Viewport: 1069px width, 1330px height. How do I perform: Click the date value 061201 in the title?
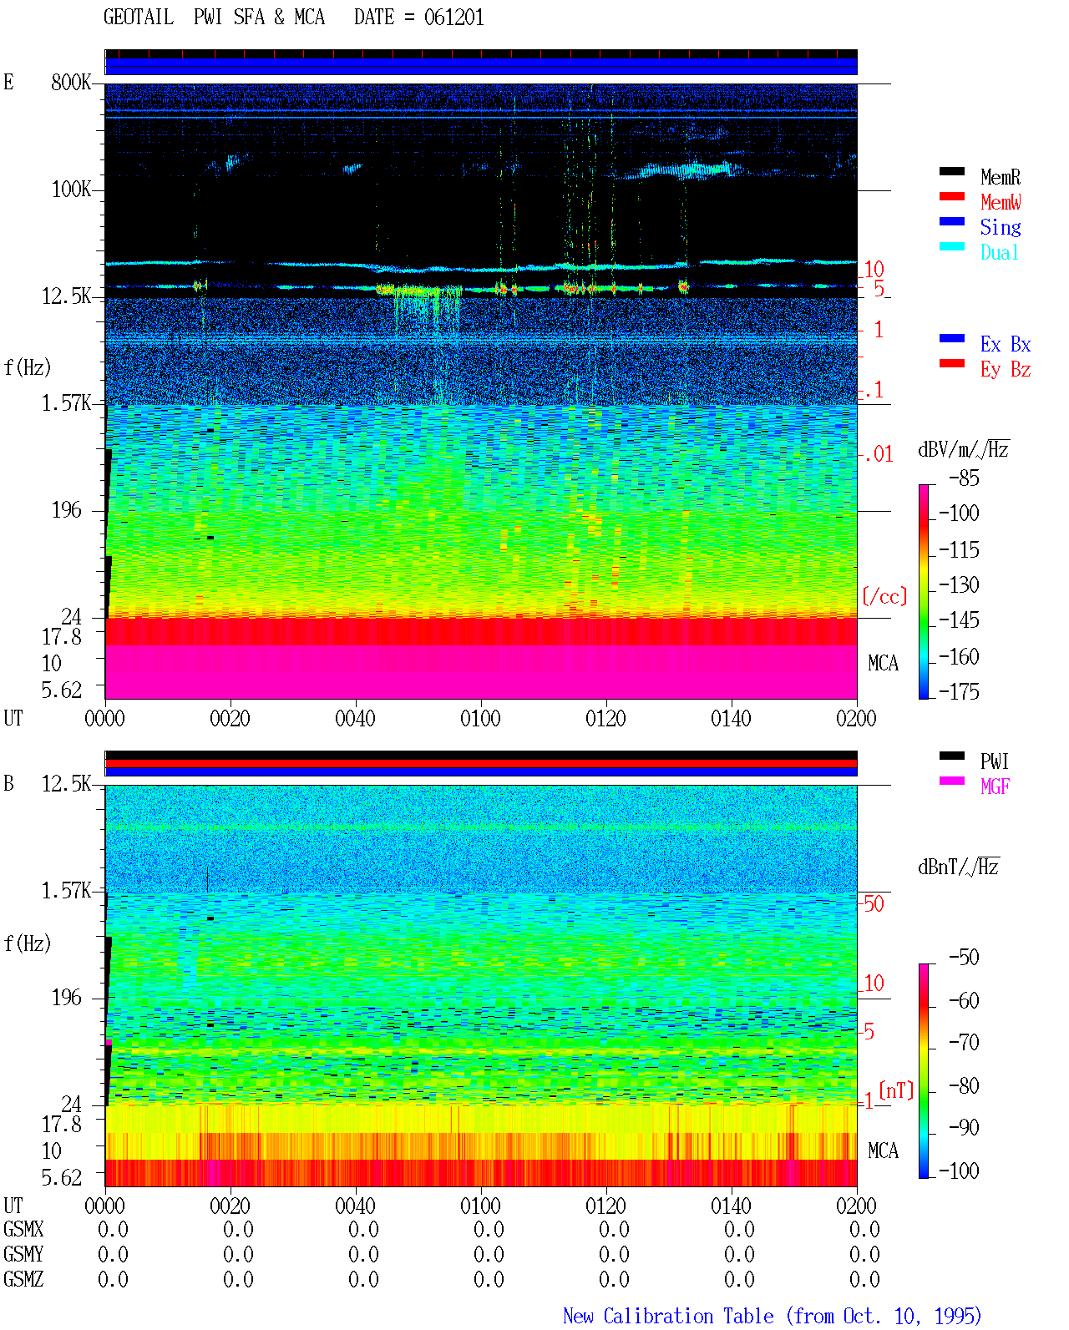(x=453, y=18)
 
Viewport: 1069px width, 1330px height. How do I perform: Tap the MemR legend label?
(x=1000, y=177)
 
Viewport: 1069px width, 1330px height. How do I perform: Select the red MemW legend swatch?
(x=951, y=196)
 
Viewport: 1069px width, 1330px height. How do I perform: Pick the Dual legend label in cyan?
(x=999, y=252)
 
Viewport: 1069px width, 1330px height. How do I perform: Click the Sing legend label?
(x=1000, y=227)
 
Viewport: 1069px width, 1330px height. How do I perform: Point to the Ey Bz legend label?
(x=1005, y=370)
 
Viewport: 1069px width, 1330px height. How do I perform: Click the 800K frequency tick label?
(x=70, y=82)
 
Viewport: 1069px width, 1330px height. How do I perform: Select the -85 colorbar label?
(x=964, y=478)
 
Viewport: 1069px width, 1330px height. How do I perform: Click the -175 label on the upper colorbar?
(x=958, y=691)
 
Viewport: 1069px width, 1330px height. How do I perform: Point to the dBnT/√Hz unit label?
(x=958, y=867)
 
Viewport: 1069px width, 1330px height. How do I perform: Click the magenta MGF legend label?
(x=995, y=786)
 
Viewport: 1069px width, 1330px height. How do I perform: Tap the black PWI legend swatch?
(x=951, y=756)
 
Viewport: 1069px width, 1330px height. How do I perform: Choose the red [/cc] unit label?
(x=884, y=596)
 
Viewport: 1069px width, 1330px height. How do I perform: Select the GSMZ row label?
(x=23, y=1279)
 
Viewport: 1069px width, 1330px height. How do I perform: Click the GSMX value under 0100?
(x=489, y=1229)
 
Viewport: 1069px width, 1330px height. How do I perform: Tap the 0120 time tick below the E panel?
(x=605, y=718)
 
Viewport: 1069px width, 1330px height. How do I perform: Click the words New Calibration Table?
(x=668, y=1316)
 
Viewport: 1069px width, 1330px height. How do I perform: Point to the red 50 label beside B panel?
(x=874, y=903)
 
